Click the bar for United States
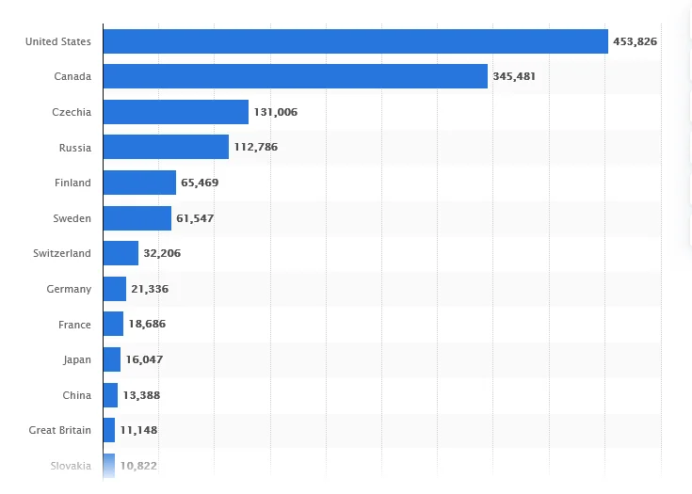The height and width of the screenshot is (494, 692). [x=355, y=41]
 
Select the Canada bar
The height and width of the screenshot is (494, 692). [x=295, y=76]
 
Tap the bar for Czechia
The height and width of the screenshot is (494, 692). [x=175, y=112]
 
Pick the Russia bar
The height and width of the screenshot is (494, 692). [x=166, y=147]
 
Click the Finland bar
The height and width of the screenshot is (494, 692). [x=139, y=183]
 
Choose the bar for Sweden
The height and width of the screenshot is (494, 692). [x=137, y=218]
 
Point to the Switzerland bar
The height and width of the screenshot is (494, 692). [x=121, y=253]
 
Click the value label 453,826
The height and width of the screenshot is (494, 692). [x=636, y=41]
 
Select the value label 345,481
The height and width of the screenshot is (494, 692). [x=514, y=76]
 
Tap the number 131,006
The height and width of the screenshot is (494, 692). [x=275, y=112]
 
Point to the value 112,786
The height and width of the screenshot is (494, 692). [x=256, y=147]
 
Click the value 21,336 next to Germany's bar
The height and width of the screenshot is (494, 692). [x=150, y=289]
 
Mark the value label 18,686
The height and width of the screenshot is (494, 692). [x=148, y=325]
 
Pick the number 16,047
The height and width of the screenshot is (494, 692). [x=145, y=359]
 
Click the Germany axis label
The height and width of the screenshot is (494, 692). [x=69, y=289]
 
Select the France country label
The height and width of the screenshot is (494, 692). [x=74, y=325]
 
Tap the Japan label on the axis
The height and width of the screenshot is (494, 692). [x=76, y=359]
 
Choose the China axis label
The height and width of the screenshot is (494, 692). [x=77, y=395]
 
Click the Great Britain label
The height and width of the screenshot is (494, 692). [x=60, y=430]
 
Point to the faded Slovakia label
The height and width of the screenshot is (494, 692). [x=72, y=466]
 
